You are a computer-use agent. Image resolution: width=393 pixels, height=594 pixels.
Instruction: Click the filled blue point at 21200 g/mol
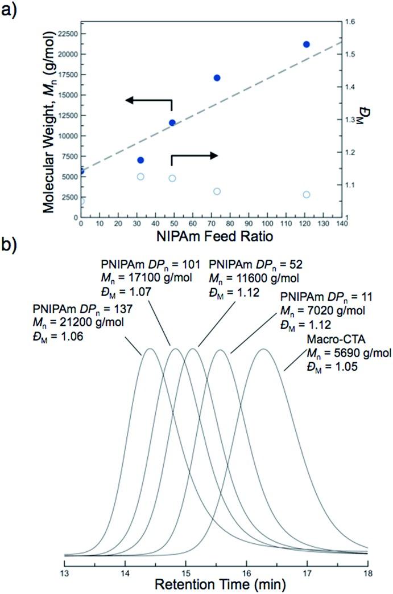click(x=306, y=44)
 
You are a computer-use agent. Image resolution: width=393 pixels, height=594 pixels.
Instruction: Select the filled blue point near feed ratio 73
click(x=217, y=78)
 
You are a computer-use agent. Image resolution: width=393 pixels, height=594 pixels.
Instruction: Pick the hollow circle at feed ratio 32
click(x=140, y=177)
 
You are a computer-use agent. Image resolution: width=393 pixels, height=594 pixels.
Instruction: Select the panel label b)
click(x=10, y=261)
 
